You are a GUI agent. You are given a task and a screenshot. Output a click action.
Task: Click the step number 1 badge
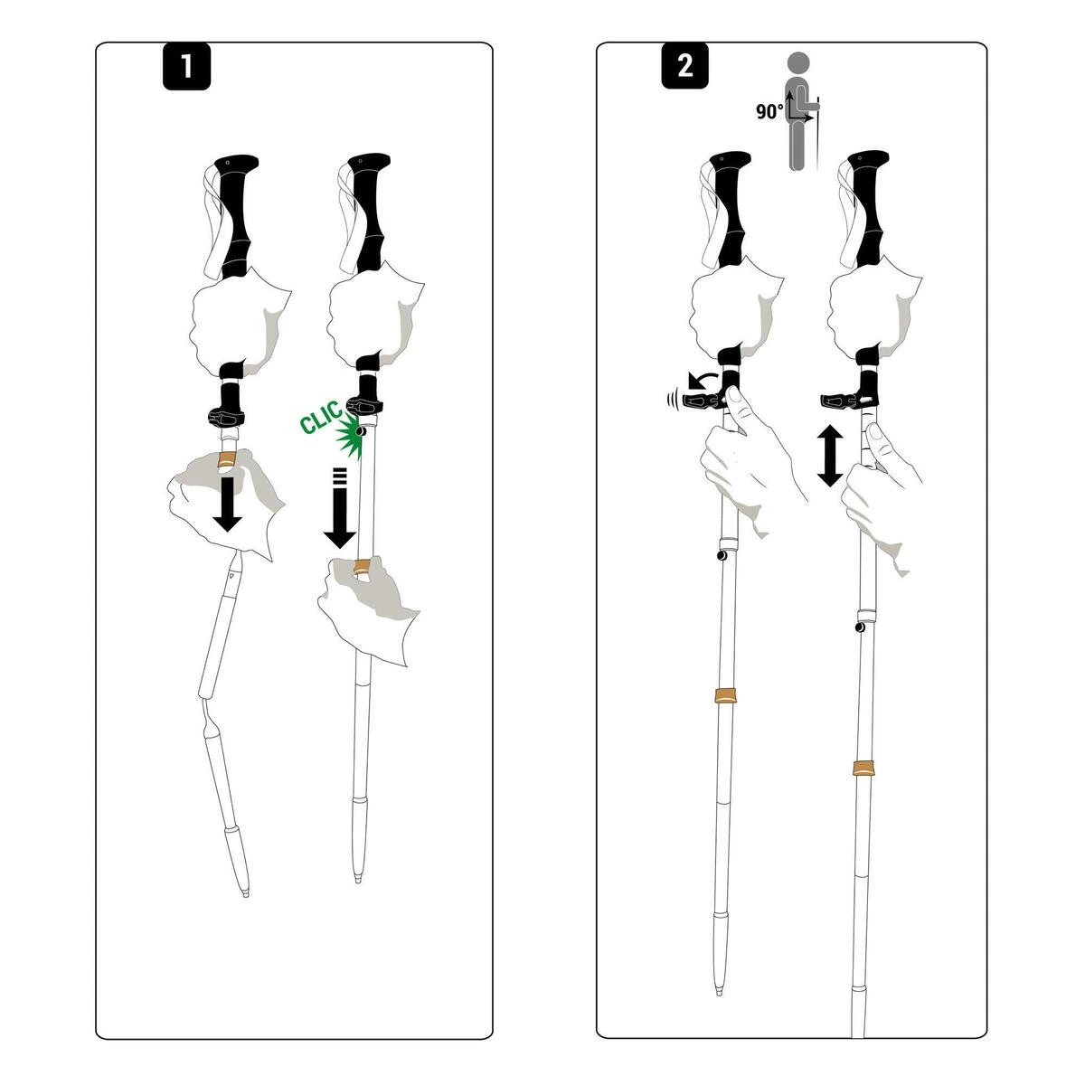pyautogui.click(x=186, y=67)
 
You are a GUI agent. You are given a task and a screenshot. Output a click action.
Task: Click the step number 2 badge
pyautogui.click(x=684, y=66)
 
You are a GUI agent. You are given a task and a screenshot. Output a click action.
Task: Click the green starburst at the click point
pyautogui.click(x=349, y=437)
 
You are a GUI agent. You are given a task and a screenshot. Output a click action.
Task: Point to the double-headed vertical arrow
pyautogui.click(x=829, y=458)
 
